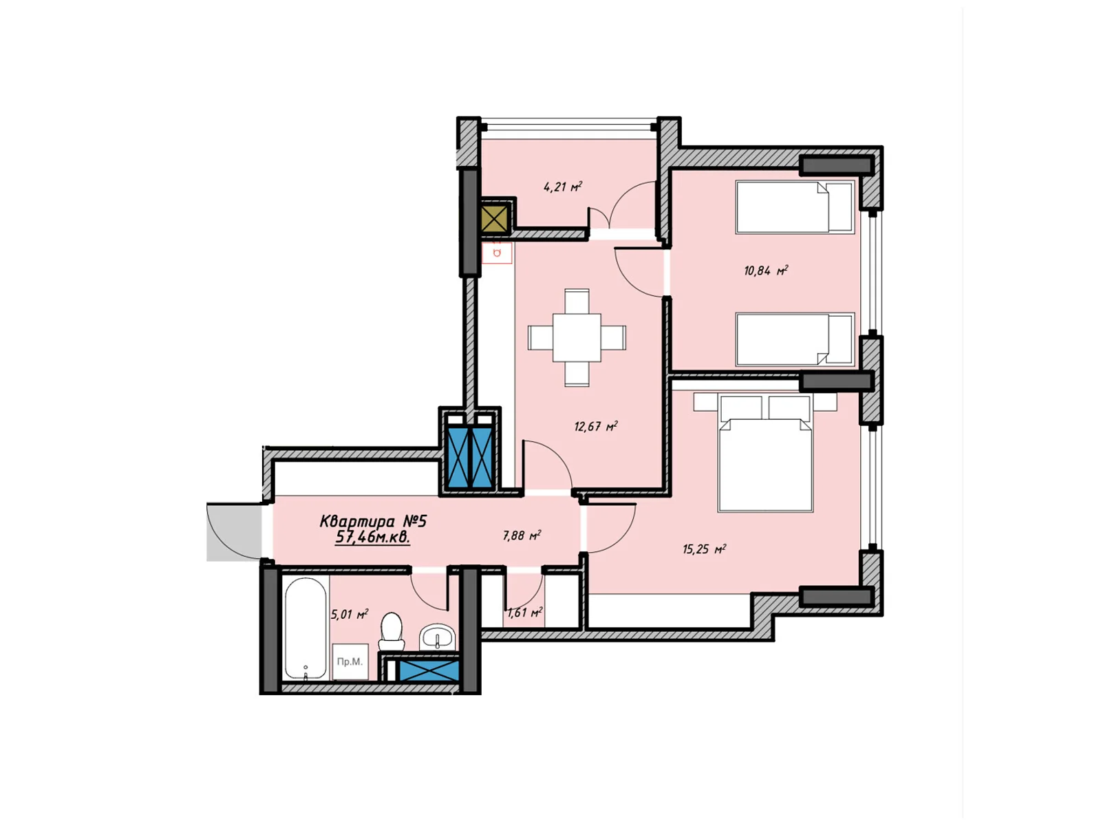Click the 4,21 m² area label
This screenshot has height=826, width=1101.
pyautogui.click(x=562, y=187)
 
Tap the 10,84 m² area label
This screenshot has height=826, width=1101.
pyautogui.click(x=766, y=271)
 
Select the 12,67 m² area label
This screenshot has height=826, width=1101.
pyautogui.click(x=596, y=427)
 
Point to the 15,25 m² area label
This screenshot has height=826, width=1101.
pyautogui.click(x=704, y=549)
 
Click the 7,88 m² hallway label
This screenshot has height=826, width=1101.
pyautogui.click(x=522, y=536)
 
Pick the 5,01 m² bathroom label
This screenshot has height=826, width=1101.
pyautogui.click(x=350, y=615)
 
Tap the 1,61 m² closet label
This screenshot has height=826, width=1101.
pyautogui.click(x=524, y=613)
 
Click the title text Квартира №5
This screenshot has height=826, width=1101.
pyautogui.click(x=373, y=521)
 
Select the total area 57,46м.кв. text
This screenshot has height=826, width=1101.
pyautogui.click(x=373, y=538)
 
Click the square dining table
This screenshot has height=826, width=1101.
pyautogui.click(x=577, y=337)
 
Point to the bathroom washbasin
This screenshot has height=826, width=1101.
pyautogui.click(x=437, y=637)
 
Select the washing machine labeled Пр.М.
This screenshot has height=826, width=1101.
pyautogui.click(x=350, y=661)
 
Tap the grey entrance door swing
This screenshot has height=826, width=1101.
pyautogui.click(x=234, y=531)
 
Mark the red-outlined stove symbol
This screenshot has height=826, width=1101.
pyautogui.click(x=497, y=253)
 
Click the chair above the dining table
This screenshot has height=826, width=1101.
pyautogui.click(x=577, y=301)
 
